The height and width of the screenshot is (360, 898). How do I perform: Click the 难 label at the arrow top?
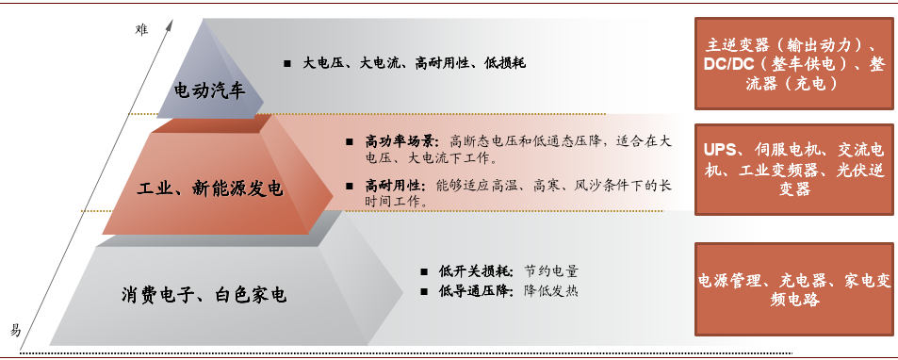click(x=142, y=30)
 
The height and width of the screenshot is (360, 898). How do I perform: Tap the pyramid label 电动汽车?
click(x=209, y=90)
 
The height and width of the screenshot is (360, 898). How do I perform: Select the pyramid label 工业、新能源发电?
click(x=210, y=188)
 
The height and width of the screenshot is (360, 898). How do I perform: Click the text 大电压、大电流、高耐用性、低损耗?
click(x=414, y=63)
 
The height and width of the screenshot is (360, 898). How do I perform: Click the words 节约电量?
click(x=551, y=271)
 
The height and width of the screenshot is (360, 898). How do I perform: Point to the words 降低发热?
click(x=551, y=290)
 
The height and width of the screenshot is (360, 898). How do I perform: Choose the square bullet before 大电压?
click(x=287, y=64)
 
